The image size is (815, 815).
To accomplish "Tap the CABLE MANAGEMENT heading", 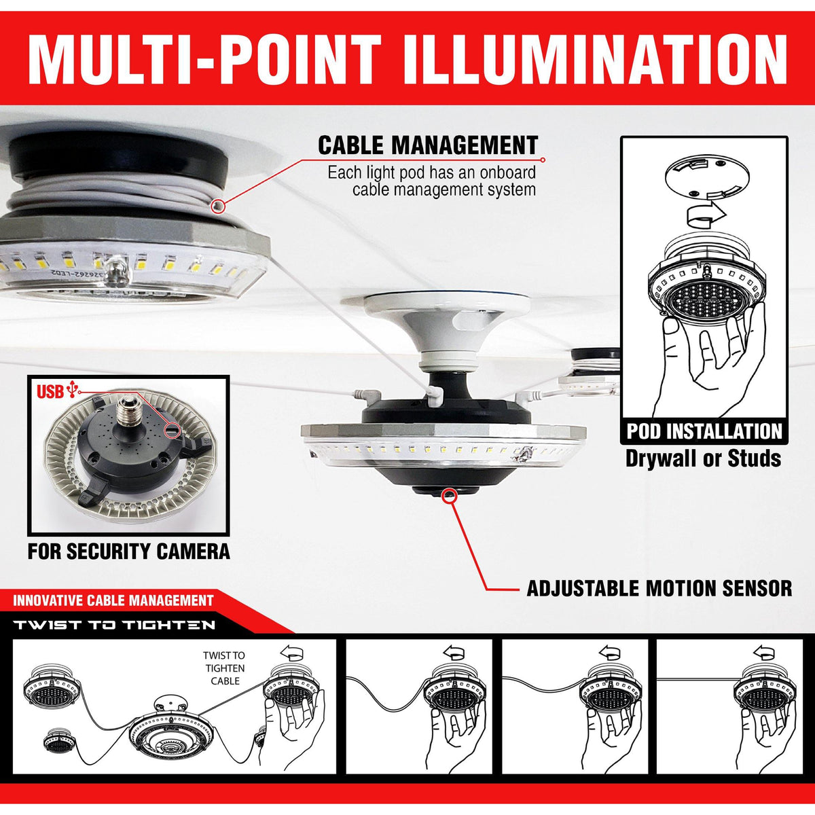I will tap(428, 145).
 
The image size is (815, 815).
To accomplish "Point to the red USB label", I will tap(50, 392).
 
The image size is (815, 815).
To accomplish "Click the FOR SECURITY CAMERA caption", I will tap(129, 551).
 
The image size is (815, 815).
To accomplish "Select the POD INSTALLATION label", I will tap(704, 431).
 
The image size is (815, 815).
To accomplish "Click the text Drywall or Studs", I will tap(703, 458).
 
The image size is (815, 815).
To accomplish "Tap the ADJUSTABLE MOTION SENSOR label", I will tap(659, 588).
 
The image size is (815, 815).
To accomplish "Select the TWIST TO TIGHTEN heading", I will tap(114, 625).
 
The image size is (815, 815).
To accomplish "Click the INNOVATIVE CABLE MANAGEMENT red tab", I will tap(113, 600).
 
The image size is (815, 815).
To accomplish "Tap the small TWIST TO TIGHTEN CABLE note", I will tap(224, 668).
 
